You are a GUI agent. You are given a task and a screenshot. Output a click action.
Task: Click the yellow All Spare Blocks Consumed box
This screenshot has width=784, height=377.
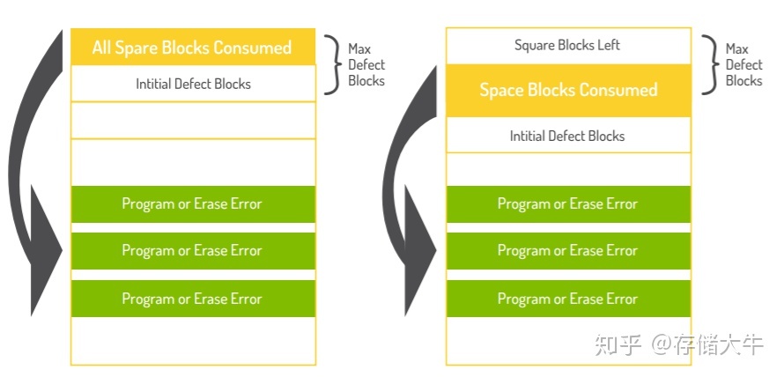(x=192, y=47)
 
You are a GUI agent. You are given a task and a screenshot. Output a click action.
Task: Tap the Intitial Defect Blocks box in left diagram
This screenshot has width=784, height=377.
(x=192, y=84)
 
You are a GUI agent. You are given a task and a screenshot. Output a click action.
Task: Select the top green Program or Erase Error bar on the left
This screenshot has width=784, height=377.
(x=192, y=203)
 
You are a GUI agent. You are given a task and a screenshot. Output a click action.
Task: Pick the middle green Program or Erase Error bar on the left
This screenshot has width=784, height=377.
(x=192, y=251)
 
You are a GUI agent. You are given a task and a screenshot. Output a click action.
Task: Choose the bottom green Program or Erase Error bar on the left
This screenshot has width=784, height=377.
(x=192, y=299)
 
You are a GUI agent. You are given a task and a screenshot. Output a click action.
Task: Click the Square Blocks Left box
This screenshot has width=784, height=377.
(x=567, y=45)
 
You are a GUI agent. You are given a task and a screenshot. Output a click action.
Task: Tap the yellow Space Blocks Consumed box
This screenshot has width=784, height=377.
(x=567, y=90)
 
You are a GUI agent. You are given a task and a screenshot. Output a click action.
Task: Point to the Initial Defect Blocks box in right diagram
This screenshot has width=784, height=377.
(x=567, y=136)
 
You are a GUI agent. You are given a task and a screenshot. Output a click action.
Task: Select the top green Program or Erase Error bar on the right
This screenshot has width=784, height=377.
(x=567, y=203)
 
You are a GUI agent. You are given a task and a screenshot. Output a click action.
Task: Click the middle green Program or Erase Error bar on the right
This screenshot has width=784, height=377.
(x=567, y=251)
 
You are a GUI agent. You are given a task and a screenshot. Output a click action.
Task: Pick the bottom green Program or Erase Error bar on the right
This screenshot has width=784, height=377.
(x=567, y=299)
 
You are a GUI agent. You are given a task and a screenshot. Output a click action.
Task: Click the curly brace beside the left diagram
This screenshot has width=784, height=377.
(x=331, y=64)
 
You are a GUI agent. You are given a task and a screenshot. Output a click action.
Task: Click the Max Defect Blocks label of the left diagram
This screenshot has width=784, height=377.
(x=366, y=65)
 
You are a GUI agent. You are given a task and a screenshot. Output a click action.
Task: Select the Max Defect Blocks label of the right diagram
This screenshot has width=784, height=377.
(x=743, y=65)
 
